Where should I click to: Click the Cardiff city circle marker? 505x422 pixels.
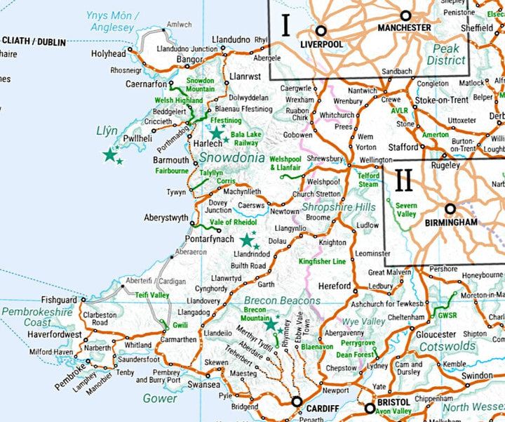coord(297,402)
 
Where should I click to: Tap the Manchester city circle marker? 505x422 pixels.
coord(405,15)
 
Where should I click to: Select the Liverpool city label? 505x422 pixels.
coord(322,44)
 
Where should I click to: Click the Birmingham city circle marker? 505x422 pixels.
coord(450,209)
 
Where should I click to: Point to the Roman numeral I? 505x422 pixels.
coord(285,25)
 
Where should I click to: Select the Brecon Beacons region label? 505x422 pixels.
coord(282,301)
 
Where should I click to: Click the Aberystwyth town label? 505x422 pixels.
coord(166,218)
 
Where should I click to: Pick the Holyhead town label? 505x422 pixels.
coord(108,53)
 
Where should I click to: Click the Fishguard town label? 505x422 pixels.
coord(60,298)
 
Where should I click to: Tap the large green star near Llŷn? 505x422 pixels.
coord(109,154)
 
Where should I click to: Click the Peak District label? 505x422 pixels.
coord(445,55)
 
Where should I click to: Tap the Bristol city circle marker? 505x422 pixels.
coord(370,408)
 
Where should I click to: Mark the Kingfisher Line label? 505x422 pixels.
coord(322,261)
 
